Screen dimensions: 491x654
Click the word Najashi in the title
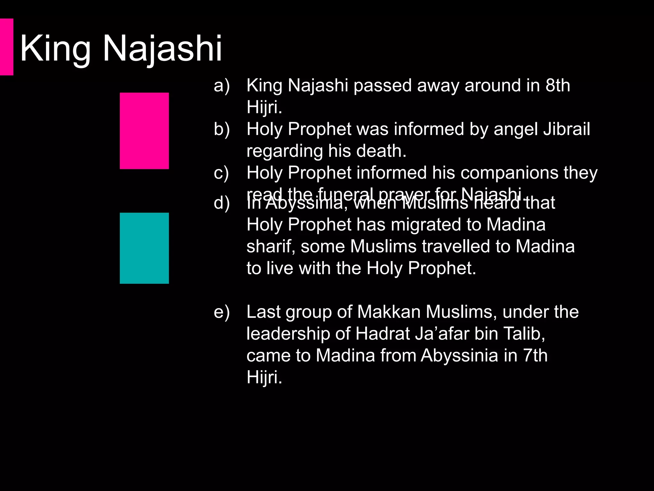[162, 49]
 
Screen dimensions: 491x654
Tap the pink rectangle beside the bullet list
[144, 131]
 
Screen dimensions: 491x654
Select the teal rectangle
[144, 248]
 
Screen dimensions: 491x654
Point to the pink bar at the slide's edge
[6, 47]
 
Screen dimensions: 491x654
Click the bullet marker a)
[222, 86]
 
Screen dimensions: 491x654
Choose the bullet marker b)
[222, 129]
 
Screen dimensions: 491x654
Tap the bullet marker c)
[221, 173]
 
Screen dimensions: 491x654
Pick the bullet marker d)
[222, 203]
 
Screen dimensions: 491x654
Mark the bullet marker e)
[222, 312]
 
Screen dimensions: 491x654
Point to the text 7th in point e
[535, 355]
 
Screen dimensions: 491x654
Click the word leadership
[288, 334]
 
